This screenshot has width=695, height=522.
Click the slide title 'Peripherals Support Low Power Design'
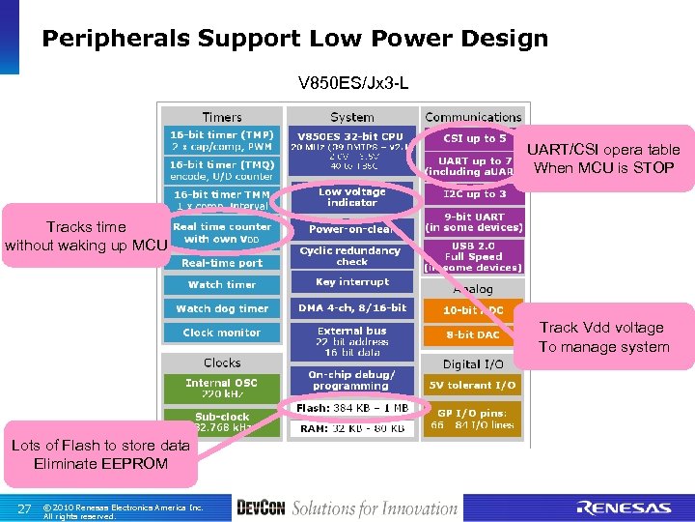294,39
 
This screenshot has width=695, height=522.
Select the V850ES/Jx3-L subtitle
353,84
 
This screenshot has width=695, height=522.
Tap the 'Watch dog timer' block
222,308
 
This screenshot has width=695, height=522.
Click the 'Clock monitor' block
222,333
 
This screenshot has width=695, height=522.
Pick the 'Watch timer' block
222,284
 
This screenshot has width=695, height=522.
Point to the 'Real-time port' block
222,262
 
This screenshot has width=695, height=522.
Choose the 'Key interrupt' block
352,282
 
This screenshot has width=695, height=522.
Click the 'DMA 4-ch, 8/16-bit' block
352,308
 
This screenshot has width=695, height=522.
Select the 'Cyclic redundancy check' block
352,255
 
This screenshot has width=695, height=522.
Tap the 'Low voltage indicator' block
352,197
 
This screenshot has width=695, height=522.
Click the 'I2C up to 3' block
473,194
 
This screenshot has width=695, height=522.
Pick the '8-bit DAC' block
473,335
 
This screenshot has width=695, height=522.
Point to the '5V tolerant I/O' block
473,385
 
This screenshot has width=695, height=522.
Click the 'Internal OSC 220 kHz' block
222,389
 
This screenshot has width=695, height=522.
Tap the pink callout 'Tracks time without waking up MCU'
86,236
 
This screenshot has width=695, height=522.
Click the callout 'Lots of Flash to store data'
100,454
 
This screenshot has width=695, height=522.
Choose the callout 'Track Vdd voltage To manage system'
603,336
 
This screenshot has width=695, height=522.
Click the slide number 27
24,508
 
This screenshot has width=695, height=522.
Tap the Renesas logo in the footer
624,507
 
